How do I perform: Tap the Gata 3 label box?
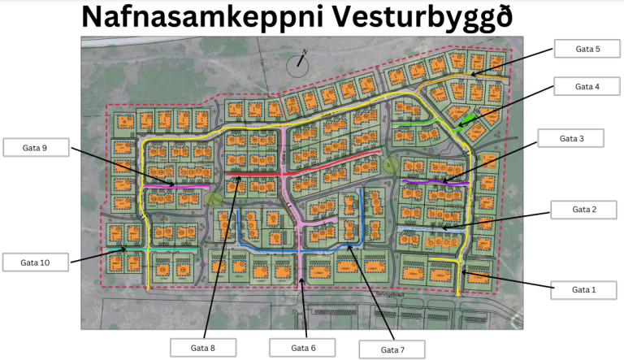571,138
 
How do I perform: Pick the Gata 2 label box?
584,210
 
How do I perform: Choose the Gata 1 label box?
583,289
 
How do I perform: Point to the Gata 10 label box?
35,262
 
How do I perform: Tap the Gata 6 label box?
302,348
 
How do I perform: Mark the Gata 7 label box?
392,349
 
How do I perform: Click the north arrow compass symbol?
301,61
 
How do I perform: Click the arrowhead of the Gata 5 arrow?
472,76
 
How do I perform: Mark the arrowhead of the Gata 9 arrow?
173,185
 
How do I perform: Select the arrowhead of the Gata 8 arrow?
239,176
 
